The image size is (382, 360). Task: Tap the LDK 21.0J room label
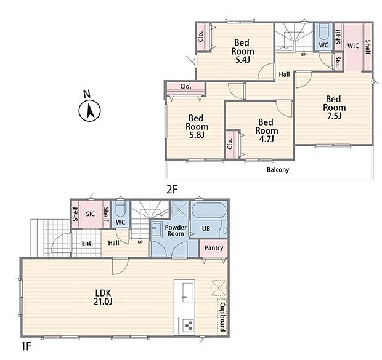point(103,297)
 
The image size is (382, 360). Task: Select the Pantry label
point(214,248)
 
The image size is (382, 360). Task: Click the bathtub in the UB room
point(209,210)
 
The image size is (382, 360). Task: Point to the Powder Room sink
point(157,229)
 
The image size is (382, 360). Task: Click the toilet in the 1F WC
point(120,209)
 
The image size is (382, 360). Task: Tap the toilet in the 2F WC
point(323,32)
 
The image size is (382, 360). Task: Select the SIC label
point(90,214)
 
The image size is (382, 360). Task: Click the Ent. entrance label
point(87,243)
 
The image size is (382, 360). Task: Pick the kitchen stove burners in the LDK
point(189,326)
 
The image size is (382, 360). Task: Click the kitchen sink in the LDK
point(188,292)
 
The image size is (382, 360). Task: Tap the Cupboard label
point(222,317)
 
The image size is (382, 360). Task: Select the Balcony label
point(278,170)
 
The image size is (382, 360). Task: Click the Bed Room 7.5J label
point(334,107)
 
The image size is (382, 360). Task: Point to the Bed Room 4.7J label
point(266,130)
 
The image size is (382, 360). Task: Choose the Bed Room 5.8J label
point(197,127)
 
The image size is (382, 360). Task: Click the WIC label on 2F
point(353,46)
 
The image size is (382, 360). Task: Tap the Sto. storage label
point(338,62)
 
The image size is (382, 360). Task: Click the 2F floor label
point(173,190)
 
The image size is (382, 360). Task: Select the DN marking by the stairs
point(304,55)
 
